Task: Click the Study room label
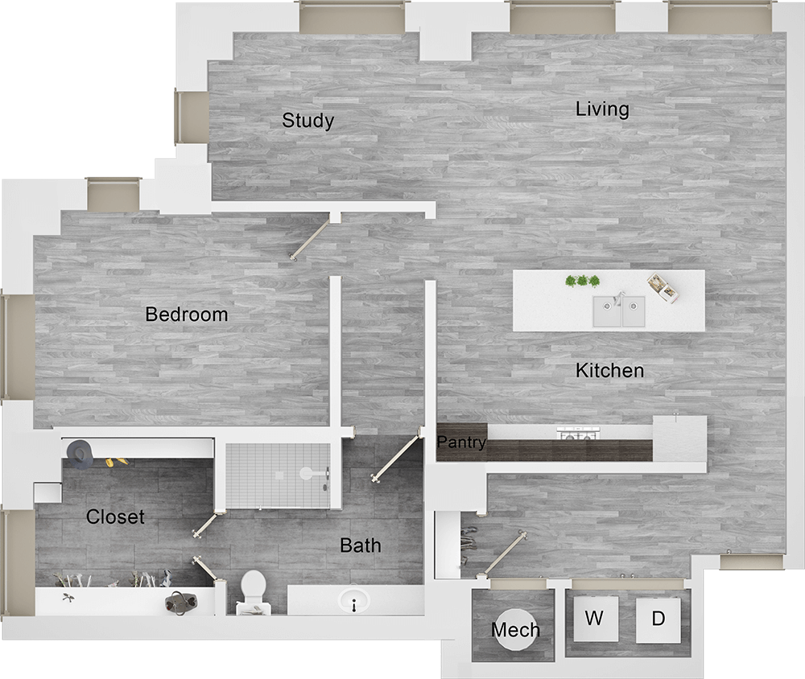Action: click(x=308, y=121)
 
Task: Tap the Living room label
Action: click(x=602, y=109)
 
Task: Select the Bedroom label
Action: click(x=187, y=314)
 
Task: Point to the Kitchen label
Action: click(x=609, y=370)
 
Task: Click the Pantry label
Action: click(x=461, y=442)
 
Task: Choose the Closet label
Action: click(x=116, y=516)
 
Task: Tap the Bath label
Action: click(x=360, y=545)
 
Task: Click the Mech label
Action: click(x=515, y=630)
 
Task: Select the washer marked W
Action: click(x=594, y=619)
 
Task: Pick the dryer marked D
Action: click(x=658, y=619)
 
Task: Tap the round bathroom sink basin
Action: click(x=353, y=600)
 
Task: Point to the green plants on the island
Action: click(x=583, y=281)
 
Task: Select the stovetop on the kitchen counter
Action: click(x=576, y=434)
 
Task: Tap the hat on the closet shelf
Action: click(x=80, y=454)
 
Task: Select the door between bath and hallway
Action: click(x=398, y=456)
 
